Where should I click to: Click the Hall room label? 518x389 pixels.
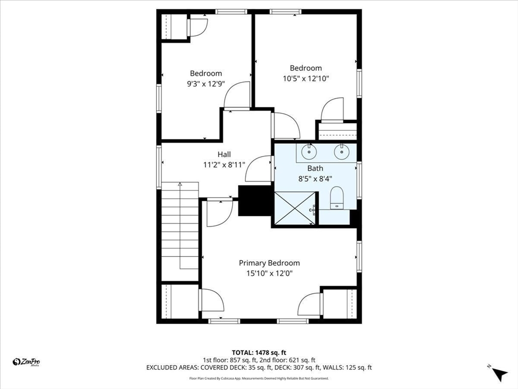click(x=224, y=154)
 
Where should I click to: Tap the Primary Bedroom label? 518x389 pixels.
click(x=269, y=263)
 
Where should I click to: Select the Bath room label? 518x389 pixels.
click(x=315, y=168)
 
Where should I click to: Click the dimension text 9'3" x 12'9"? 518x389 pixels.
click(x=206, y=84)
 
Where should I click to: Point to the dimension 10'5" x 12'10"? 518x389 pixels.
click(x=306, y=79)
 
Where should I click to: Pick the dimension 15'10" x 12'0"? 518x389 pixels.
click(x=270, y=274)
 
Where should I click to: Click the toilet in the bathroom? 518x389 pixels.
click(x=337, y=198)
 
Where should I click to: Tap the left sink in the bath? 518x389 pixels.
click(x=309, y=151)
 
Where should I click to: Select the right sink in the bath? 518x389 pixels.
click(x=341, y=151)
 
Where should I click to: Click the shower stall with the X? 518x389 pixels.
click(x=295, y=208)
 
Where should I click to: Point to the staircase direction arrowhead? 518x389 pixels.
click(x=180, y=184)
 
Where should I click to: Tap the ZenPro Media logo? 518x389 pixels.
click(x=26, y=362)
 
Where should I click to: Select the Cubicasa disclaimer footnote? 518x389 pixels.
click(x=258, y=378)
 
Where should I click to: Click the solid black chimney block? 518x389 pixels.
click(x=255, y=201)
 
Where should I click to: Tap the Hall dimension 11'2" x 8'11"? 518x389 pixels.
click(x=224, y=165)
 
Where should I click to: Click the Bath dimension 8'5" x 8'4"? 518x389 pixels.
click(x=315, y=179)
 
